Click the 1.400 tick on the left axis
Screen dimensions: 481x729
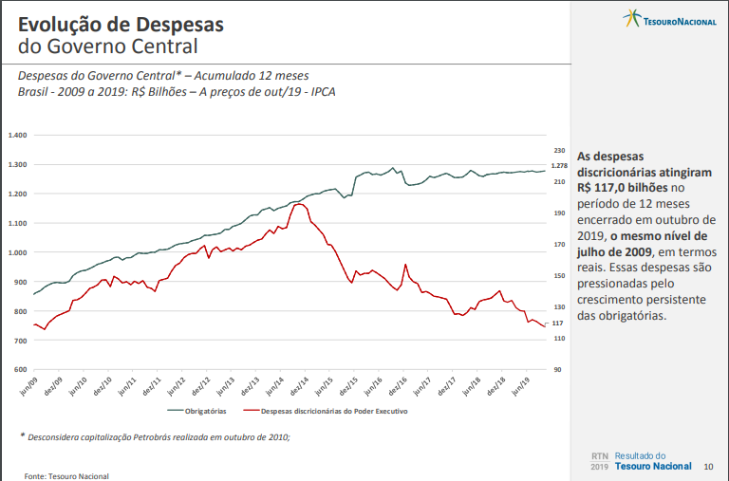[x=17, y=135]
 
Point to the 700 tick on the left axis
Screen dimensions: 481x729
[x=19, y=340]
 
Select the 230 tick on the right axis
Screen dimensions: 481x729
[x=559, y=151]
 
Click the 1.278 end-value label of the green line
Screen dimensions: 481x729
[x=559, y=167]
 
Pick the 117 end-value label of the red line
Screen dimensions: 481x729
[x=558, y=324]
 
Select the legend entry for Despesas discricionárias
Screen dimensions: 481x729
[x=327, y=412]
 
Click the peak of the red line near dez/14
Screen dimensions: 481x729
[x=299, y=204]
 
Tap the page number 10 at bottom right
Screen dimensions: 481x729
[x=708, y=466]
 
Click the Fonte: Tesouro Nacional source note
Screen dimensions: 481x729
[x=66, y=475]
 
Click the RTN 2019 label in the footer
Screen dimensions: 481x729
[x=599, y=461]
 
